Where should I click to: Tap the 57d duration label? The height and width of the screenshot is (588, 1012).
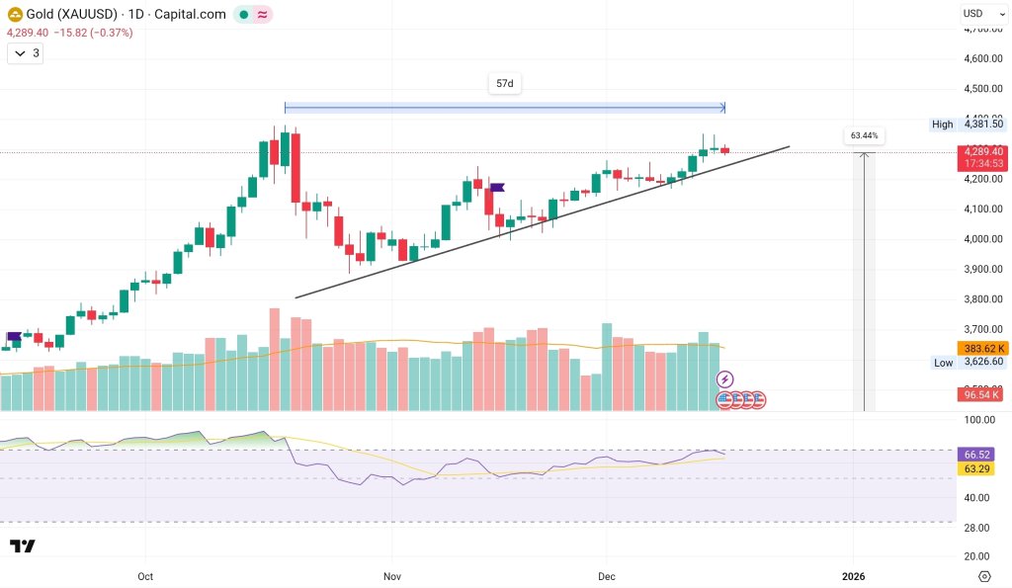[504, 84]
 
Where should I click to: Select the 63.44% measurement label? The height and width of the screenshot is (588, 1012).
[864, 135]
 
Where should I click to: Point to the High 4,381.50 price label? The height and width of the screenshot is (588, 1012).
[968, 124]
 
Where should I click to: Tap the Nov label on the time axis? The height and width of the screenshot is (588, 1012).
[392, 576]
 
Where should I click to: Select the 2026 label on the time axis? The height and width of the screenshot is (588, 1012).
[854, 576]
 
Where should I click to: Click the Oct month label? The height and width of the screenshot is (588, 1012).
[145, 576]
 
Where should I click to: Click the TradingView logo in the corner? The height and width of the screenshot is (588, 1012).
[23, 546]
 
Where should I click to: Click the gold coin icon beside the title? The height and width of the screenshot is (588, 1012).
[15, 15]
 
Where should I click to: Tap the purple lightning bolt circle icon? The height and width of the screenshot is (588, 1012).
[724, 378]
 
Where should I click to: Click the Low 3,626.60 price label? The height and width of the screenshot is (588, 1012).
[968, 363]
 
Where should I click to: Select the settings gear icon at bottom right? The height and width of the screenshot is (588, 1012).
[984, 576]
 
